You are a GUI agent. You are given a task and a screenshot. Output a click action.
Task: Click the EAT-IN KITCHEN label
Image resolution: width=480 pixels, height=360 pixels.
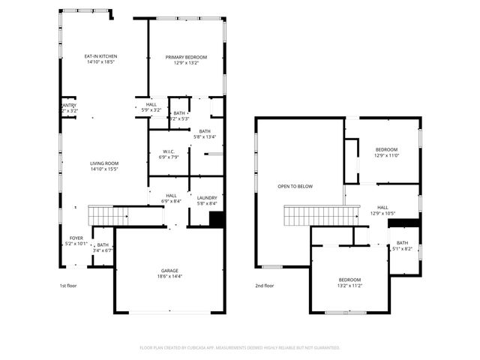(x=100, y=56)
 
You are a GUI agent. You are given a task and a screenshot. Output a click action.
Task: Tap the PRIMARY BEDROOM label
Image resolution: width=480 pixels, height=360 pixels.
(x=185, y=57)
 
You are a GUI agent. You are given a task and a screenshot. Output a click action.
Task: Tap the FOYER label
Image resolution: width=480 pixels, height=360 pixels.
(x=76, y=238)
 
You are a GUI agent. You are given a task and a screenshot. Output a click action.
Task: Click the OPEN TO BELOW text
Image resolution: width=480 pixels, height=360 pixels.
(x=295, y=186)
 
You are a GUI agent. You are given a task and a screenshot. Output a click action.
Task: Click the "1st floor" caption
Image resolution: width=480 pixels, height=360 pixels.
(x=67, y=286)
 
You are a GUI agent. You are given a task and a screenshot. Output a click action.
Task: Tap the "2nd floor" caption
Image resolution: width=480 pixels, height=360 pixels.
(x=265, y=286)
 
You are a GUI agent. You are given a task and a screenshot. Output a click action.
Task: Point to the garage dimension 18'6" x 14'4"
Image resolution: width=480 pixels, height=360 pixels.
(x=169, y=277)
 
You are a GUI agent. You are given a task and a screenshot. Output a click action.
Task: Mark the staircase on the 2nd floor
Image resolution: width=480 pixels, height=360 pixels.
(x=314, y=217)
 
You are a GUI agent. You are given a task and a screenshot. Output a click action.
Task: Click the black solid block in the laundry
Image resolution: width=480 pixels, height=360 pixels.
(x=216, y=220)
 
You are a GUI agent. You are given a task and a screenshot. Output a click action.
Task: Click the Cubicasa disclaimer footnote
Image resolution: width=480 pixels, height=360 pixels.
(x=240, y=348)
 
